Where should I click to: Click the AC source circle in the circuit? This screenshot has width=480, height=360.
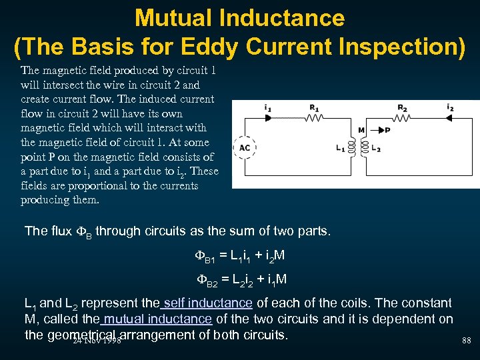(x=245, y=147)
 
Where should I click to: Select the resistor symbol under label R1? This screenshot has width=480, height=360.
(x=313, y=117)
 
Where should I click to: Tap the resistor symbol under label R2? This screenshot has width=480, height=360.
(x=403, y=117)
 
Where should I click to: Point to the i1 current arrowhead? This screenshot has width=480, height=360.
(x=268, y=117)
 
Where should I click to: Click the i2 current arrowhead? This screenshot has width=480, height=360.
(x=449, y=117)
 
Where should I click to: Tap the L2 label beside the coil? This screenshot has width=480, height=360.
(x=377, y=148)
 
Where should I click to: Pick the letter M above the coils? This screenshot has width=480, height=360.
(x=361, y=130)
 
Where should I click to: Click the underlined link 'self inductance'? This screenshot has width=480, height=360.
(x=207, y=303)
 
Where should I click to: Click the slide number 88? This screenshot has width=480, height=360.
(x=466, y=341)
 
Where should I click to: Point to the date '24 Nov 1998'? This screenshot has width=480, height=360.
(x=97, y=340)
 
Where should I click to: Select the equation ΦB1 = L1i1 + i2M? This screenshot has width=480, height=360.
(x=240, y=255)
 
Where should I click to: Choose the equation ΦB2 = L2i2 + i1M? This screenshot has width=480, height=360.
(x=240, y=279)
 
